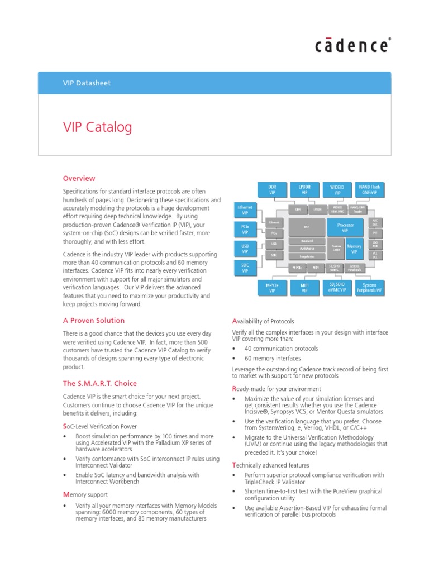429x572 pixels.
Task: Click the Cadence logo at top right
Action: (351, 45)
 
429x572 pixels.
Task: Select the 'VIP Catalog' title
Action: (97, 127)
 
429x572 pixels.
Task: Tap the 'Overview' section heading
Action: (79, 179)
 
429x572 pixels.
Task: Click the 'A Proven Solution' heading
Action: (93, 321)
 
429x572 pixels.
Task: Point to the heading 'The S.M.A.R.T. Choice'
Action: (99, 384)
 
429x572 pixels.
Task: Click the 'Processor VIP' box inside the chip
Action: (345, 227)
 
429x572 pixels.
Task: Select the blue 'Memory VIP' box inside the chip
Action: (354, 249)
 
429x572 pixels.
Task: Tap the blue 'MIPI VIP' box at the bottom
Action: (304, 288)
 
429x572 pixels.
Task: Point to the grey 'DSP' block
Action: (306, 227)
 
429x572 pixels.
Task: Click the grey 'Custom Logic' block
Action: (336, 248)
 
